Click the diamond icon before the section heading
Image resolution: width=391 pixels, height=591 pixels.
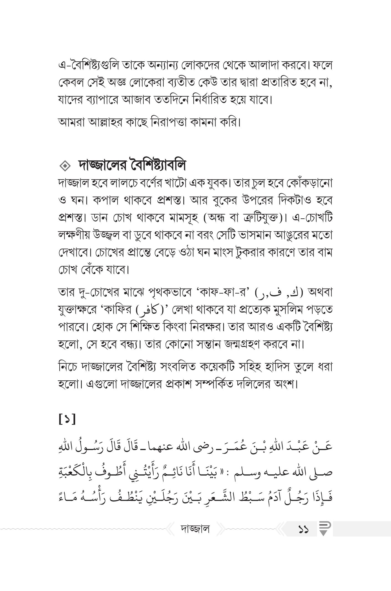click(65, 166)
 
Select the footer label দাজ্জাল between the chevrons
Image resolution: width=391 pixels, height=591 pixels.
click(195, 529)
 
